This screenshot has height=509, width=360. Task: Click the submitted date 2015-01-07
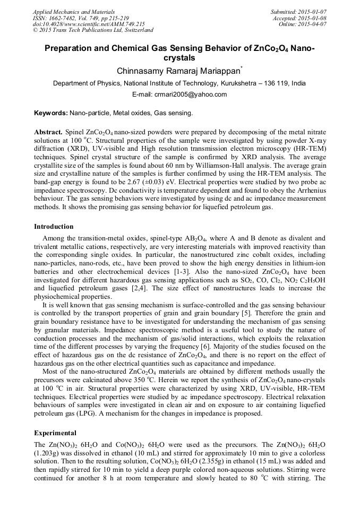coord(312,11)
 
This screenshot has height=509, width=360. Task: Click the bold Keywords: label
coord(51,113)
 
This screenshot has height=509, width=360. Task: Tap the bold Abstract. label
coord(49,131)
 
